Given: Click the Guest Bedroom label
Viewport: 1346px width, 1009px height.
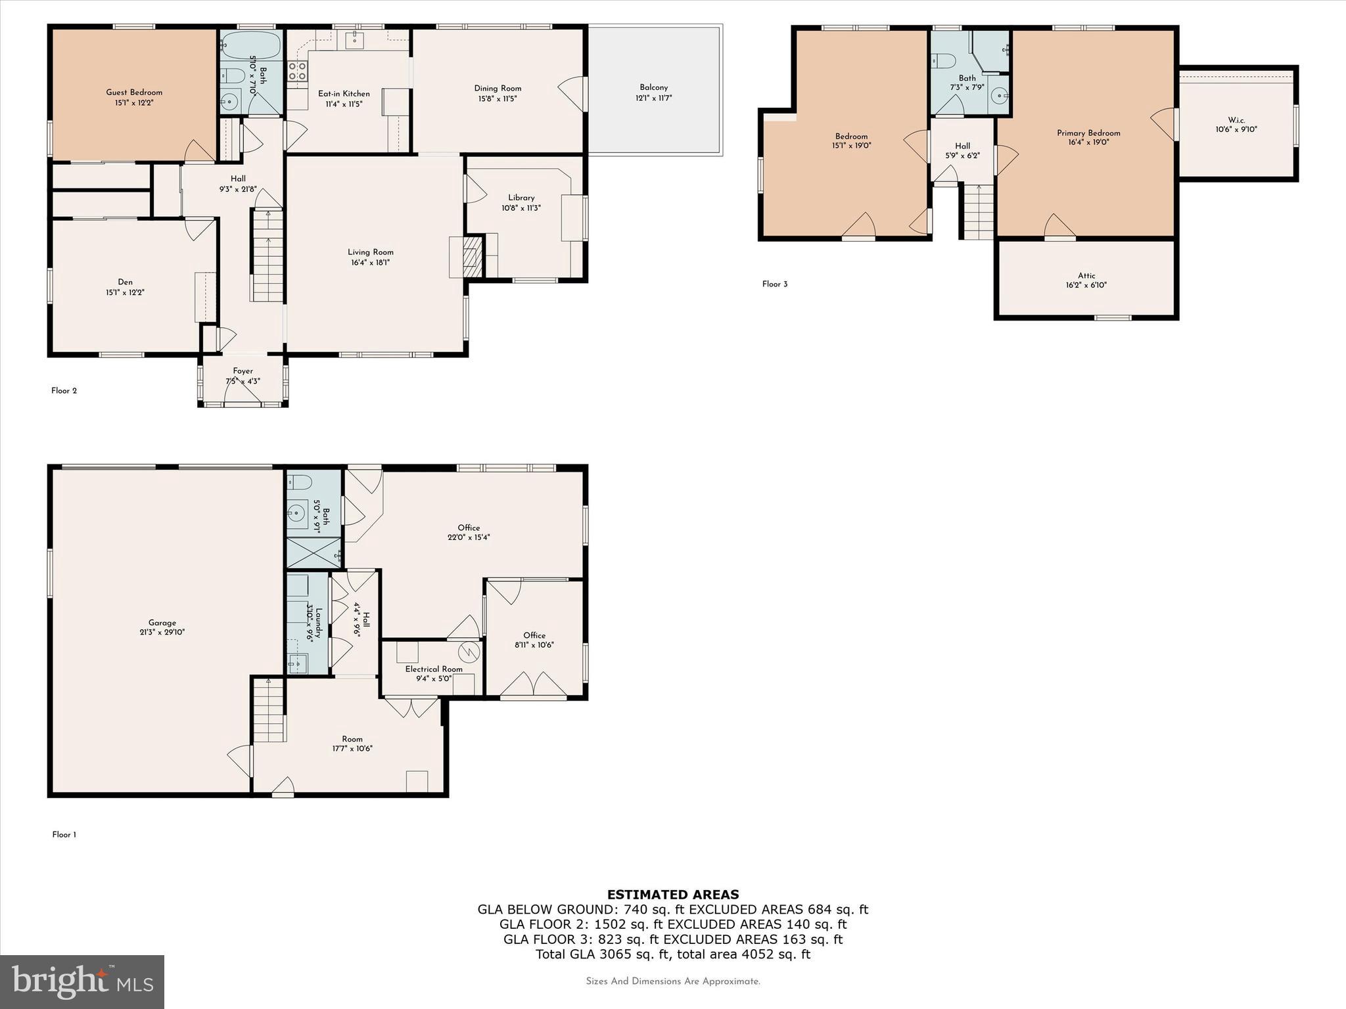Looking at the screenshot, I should pyautogui.click(x=134, y=93).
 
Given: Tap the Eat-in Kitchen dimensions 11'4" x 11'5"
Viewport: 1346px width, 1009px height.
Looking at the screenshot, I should pyautogui.click(x=344, y=104).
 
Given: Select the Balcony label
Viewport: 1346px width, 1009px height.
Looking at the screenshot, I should pyautogui.click(x=653, y=87).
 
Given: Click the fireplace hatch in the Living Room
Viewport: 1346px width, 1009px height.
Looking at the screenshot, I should pyautogui.click(x=471, y=257).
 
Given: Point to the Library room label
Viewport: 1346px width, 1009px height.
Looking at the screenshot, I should pyautogui.click(x=521, y=198).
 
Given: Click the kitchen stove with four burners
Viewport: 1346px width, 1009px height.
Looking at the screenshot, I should pyautogui.click(x=297, y=71).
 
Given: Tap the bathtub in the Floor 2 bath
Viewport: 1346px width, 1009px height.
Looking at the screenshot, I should pyautogui.click(x=250, y=45).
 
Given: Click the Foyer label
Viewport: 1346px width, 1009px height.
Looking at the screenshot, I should pyautogui.click(x=243, y=371).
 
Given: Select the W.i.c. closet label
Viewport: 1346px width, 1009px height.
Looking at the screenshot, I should pyautogui.click(x=1236, y=120).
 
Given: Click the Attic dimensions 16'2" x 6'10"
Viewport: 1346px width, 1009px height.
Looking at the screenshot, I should pyautogui.click(x=1086, y=285).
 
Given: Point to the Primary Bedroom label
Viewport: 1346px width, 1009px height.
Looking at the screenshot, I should pyautogui.click(x=1088, y=133).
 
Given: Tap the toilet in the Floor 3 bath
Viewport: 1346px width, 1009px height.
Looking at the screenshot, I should pyautogui.click(x=943, y=61).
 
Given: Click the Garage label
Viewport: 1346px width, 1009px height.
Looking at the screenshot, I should pyautogui.click(x=162, y=623).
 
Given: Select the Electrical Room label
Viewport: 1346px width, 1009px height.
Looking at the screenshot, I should pyautogui.click(x=433, y=669).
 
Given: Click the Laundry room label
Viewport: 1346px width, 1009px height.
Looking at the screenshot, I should pyautogui.click(x=319, y=623).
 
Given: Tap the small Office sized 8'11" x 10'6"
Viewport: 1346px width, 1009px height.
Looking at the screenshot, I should pyautogui.click(x=534, y=640).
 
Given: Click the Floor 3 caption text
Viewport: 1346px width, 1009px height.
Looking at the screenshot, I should pyautogui.click(x=774, y=284).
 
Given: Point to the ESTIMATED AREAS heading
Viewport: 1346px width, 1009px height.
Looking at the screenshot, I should pyautogui.click(x=672, y=894).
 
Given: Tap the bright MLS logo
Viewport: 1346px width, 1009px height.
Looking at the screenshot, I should pyautogui.click(x=82, y=981).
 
